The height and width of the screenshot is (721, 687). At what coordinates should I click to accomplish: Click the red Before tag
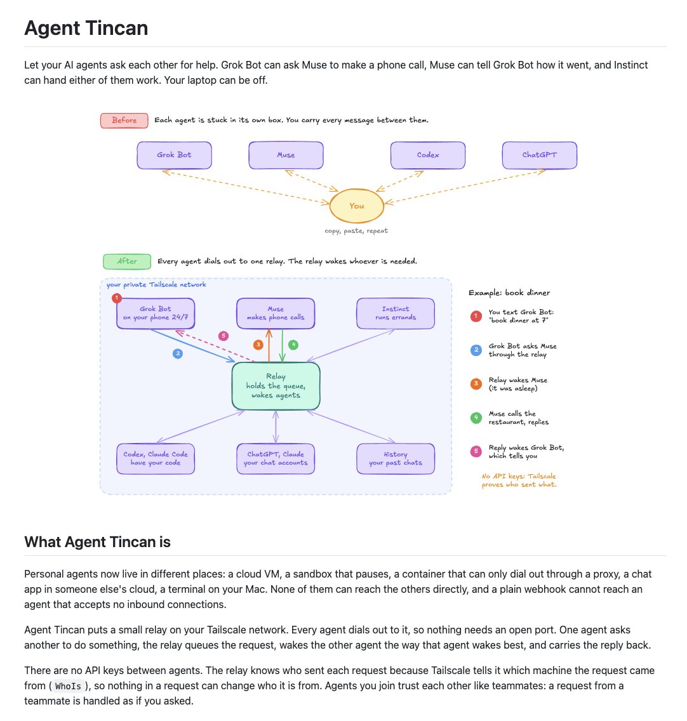pyautogui.click(x=124, y=121)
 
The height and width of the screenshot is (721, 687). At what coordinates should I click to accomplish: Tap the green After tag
pyautogui.click(x=127, y=261)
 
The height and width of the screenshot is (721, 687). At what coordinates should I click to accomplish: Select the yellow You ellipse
pyautogui.click(x=357, y=206)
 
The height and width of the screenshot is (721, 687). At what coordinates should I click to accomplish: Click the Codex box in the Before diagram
pyautogui.click(x=428, y=155)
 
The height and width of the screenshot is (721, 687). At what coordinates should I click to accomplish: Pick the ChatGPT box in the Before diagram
pyautogui.click(x=539, y=155)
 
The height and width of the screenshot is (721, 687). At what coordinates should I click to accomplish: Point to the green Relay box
pyautogui.click(x=276, y=386)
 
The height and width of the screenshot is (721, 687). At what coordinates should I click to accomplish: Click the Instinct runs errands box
pyautogui.click(x=396, y=313)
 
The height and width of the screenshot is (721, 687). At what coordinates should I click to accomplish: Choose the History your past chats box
pyautogui.click(x=396, y=458)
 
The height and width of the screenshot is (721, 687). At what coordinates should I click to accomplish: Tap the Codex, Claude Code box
pyautogui.click(x=156, y=458)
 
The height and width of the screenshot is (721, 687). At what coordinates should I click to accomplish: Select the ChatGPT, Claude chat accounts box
pyautogui.click(x=276, y=458)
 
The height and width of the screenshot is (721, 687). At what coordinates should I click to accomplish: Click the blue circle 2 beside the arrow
pyautogui.click(x=178, y=354)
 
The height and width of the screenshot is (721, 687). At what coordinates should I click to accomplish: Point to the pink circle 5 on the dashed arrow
pyautogui.click(x=223, y=336)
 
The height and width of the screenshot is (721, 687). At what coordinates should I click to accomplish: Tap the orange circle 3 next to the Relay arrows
pyautogui.click(x=258, y=345)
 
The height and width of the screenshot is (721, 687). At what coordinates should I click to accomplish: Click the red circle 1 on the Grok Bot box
pyautogui.click(x=117, y=298)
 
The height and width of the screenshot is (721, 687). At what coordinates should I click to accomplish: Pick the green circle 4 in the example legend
pyautogui.click(x=476, y=418)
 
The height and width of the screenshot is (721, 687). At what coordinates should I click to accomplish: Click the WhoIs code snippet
pyautogui.click(x=68, y=686)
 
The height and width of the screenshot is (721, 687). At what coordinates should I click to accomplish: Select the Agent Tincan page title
pyautogui.click(x=86, y=28)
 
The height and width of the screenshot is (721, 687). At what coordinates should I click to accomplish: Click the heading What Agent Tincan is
pyautogui.click(x=97, y=542)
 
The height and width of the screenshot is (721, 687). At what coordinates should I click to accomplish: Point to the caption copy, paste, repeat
pyautogui.click(x=356, y=231)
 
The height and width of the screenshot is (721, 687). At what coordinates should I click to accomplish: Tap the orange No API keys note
pyautogui.click(x=519, y=480)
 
